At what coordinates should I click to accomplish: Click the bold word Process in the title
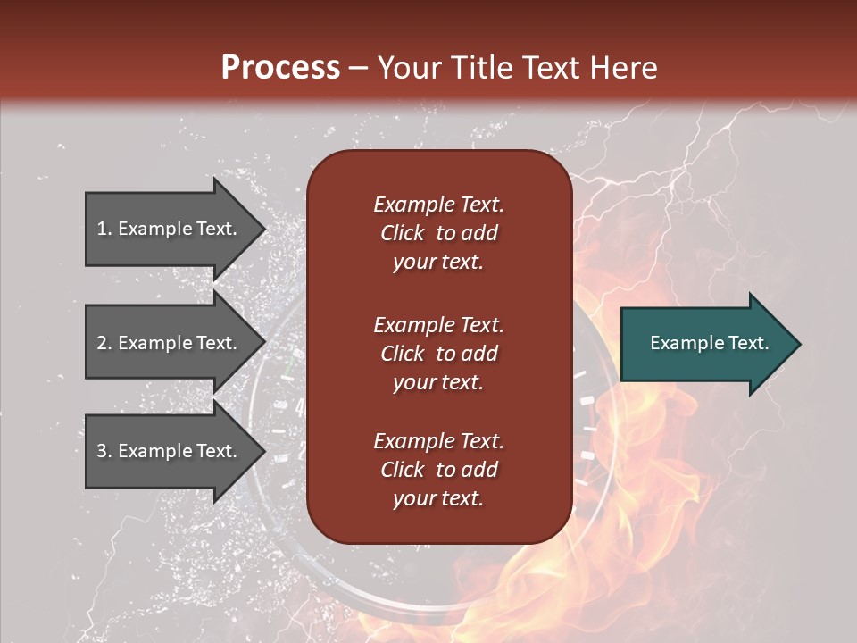tap(280, 68)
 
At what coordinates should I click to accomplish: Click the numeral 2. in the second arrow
tap(104, 343)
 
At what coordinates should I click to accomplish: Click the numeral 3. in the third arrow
tap(104, 451)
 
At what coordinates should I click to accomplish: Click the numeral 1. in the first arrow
tap(104, 229)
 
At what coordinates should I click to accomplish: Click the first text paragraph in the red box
tap(438, 233)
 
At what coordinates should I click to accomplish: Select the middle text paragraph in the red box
tap(438, 354)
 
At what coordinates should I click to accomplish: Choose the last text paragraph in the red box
tap(438, 470)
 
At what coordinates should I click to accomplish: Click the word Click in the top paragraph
tap(402, 233)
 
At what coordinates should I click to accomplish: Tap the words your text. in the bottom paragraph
tap(438, 499)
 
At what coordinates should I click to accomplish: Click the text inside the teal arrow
tap(709, 343)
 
